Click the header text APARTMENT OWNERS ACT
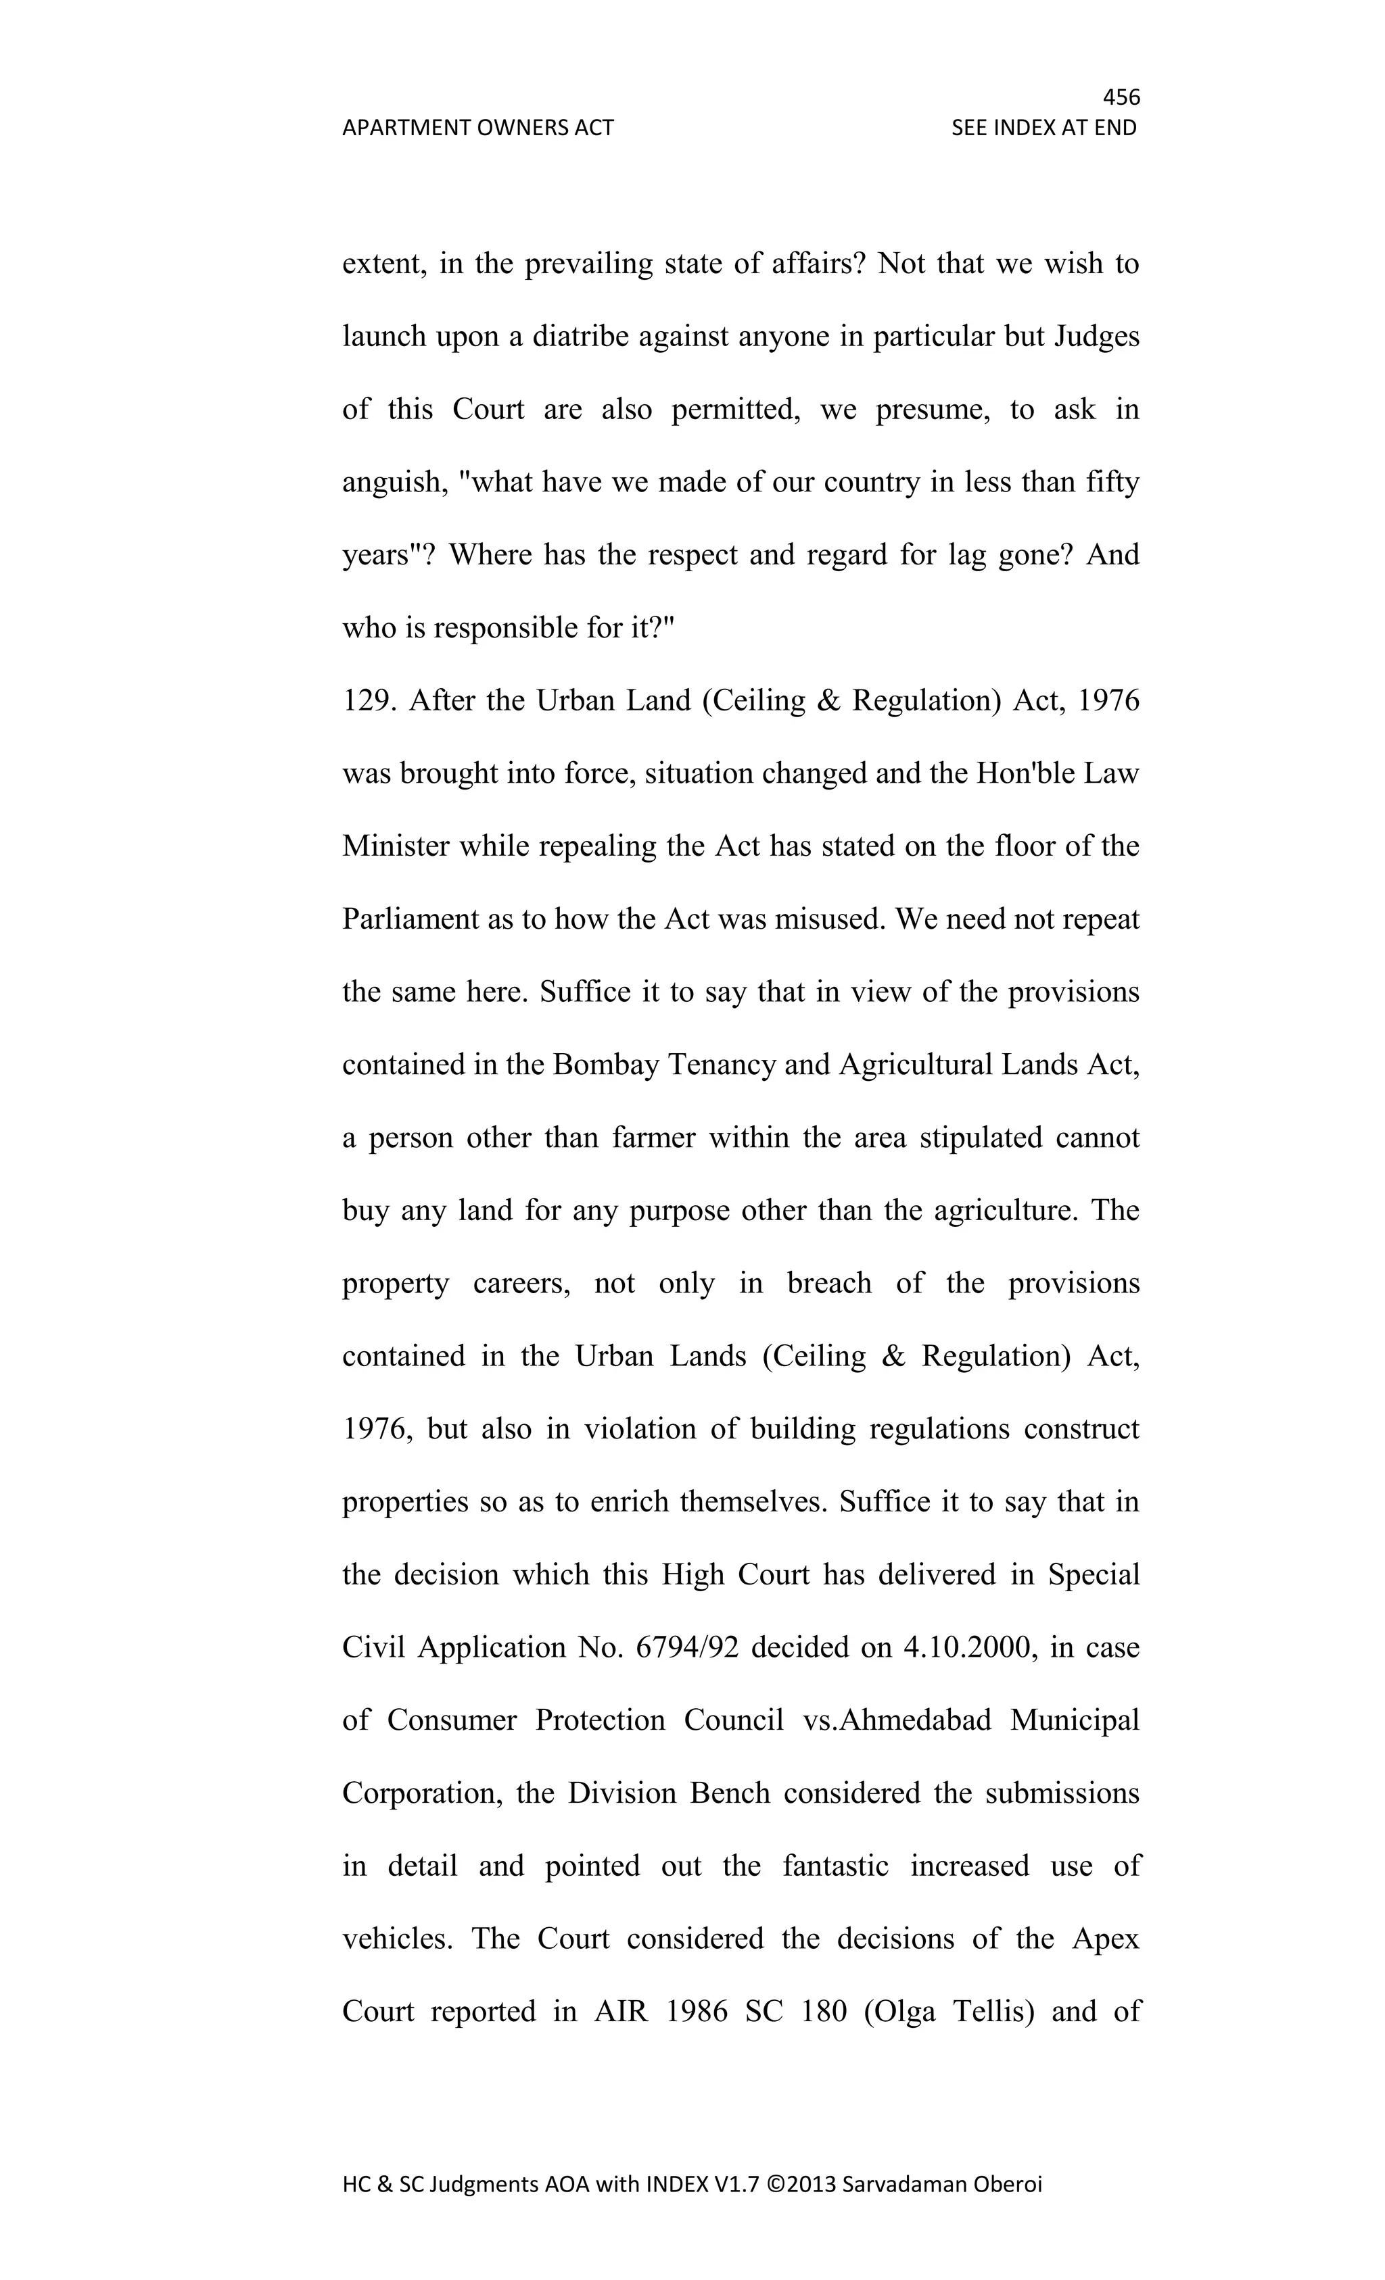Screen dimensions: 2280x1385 pyautogui.click(x=477, y=128)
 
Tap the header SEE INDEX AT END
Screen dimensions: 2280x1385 pyautogui.click(x=1043, y=128)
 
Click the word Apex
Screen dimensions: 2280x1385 pyautogui.click(x=1106, y=1939)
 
